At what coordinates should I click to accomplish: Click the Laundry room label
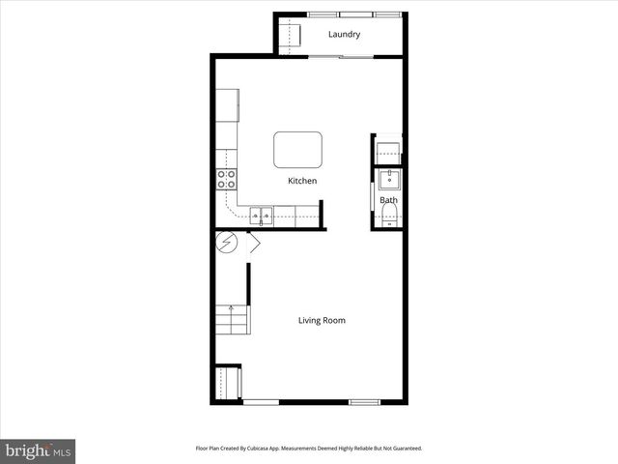(344, 35)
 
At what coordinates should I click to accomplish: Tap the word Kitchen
(302, 181)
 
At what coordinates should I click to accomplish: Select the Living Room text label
(322, 320)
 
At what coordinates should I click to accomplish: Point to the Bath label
(387, 201)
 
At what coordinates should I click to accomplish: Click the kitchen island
(299, 150)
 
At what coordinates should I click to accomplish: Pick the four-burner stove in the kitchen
(226, 179)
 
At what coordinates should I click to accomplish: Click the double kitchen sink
(262, 215)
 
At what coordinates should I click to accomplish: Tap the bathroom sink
(388, 179)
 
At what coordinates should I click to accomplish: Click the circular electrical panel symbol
(226, 243)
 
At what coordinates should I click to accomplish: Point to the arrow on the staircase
(231, 311)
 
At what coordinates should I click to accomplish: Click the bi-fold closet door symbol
(253, 244)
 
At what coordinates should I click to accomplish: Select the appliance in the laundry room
(291, 35)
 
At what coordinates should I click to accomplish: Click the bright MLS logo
(38, 450)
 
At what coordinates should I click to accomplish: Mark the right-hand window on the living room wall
(364, 401)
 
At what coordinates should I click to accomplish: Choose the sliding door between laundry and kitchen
(341, 57)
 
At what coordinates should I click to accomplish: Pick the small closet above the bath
(387, 150)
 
